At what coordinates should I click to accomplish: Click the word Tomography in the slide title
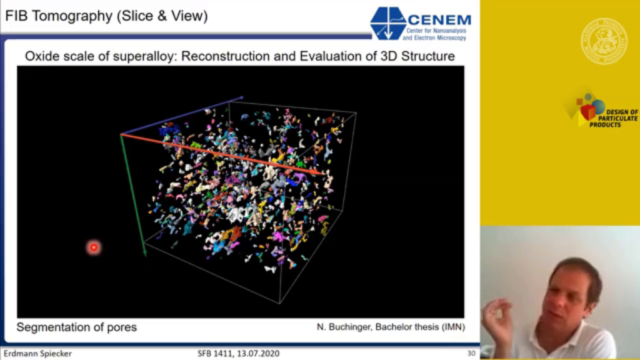click(x=72, y=16)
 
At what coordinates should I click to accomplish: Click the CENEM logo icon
click(x=388, y=23)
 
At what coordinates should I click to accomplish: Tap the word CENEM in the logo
click(x=439, y=19)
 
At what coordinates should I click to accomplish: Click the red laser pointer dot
click(x=94, y=247)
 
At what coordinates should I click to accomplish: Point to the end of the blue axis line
click(x=243, y=97)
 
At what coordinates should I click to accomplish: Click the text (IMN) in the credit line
click(x=453, y=327)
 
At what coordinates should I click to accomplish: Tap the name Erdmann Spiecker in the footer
click(x=37, y=354)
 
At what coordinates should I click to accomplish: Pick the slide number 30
click(x=471, y=354)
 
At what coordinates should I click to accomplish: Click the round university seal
click(x=604, y=41)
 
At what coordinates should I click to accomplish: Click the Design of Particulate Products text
click(x=614, y=118)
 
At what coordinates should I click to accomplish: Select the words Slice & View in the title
click(x=162, y=16)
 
